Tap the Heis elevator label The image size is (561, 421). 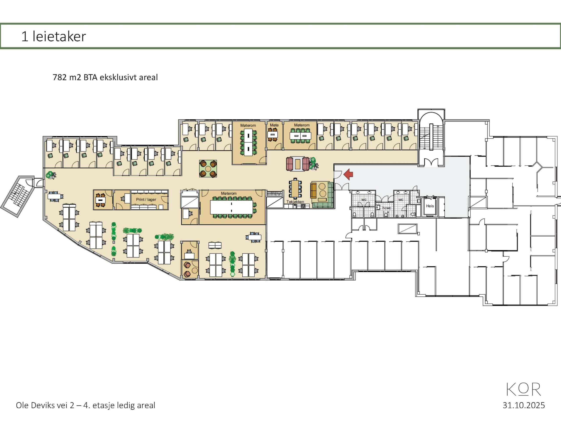pos(430,206)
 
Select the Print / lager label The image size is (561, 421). pos(146,200)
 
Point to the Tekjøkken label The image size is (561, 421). pos(295,202)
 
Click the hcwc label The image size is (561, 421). pos(387,208)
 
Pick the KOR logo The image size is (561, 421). pos(524,389)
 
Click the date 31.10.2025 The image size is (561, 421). pos(524,405)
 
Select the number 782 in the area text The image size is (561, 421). pos(60,77)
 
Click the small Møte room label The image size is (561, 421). pos(274,125)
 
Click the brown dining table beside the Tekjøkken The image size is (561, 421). pos(295,189)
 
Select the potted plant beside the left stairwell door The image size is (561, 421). pos(51,175)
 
